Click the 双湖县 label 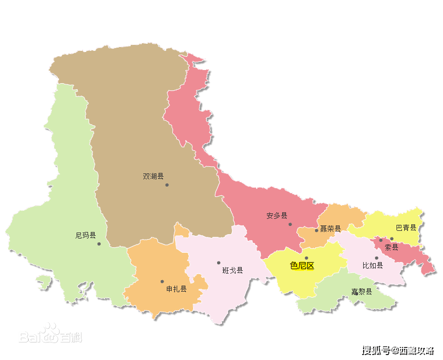(x=153, y=176)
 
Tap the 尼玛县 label (x=85, y=236)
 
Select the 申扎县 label (x=176, y=289)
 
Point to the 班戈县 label (x=232, y=270)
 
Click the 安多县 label (x=277, y=216)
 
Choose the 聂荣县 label (x=330, y=229)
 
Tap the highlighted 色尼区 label (x=302, y=266)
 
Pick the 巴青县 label (x=406, y=228)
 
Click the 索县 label (x=391, y=247)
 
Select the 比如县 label (x=372, y=265)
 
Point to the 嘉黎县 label (x=362, y=292)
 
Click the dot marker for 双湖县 (x=167, y=185)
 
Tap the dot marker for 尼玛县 (x=99, y=244)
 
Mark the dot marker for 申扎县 (x=162, y=282)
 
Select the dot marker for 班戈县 (x=219, y=263)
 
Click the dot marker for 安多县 (x=290, y=224)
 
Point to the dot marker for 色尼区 (x=306, y=258)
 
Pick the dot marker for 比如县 (x=376, y=258)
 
